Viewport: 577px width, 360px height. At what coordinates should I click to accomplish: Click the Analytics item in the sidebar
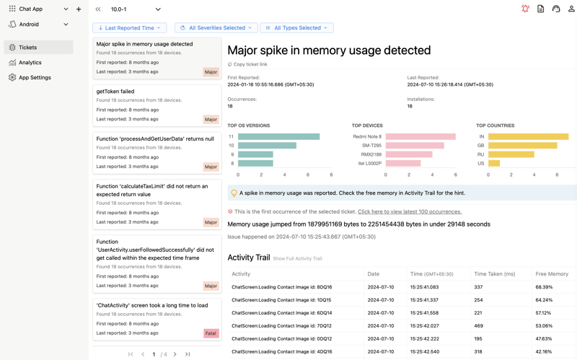[x=30, y=63]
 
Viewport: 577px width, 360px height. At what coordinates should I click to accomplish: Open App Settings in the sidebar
[x=35, y=77]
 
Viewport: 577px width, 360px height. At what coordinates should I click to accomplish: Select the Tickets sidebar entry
[x=28, y=48]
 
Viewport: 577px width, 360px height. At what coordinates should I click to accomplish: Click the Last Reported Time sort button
[x=130, y=28]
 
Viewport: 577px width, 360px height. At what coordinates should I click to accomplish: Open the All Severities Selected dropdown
[x=216, y=28]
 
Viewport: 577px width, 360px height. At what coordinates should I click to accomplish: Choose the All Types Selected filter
[x=296, y=28]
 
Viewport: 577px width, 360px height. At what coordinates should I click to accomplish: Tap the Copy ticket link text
[x=250, y=64]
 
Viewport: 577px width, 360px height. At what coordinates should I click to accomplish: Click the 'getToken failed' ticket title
[x=115, y=92]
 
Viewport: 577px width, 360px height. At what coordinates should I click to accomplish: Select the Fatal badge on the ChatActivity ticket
[x=211, y=333]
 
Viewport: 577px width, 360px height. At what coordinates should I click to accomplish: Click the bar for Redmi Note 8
[x=420, y=136]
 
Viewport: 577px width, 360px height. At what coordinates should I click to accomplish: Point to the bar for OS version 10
[x=267, y=146]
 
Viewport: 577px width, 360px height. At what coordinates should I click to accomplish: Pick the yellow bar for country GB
[x=522, y=146]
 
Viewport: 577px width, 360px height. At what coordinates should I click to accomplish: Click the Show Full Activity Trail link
[x=297, y=258]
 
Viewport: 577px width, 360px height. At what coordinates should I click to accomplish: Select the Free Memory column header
[x=552, y=274]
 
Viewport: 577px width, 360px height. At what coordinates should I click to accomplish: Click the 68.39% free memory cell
[x=544, y=287]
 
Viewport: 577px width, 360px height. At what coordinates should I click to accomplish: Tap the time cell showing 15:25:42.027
[x=424, y=326]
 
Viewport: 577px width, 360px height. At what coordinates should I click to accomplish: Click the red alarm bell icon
[x=525, y=9]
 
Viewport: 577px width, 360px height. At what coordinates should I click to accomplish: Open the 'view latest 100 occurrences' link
[x=409, y=212]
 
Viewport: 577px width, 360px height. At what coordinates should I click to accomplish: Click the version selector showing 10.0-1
[x=136, y=9]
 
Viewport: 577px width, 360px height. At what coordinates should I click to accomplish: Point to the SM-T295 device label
[x=371, y=146]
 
